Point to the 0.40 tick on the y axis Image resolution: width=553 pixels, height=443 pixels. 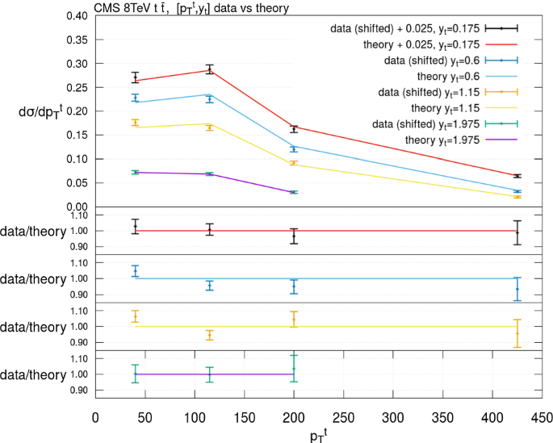point(76,16)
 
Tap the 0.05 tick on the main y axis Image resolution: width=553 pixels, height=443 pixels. point(76,182)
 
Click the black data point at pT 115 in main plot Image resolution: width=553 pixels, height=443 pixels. point(209,69)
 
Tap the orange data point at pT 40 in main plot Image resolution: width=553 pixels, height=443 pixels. point(136,123)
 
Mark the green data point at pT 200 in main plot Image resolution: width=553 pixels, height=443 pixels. point(294,192)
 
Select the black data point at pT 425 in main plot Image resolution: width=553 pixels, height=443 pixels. point(517,175)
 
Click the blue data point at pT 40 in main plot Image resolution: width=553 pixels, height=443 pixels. point(136,98)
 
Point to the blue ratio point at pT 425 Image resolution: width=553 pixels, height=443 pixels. point(517,289)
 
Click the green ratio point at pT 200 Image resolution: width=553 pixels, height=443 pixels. point(294,369)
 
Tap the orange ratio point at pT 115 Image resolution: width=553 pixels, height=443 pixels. point(209,335)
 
